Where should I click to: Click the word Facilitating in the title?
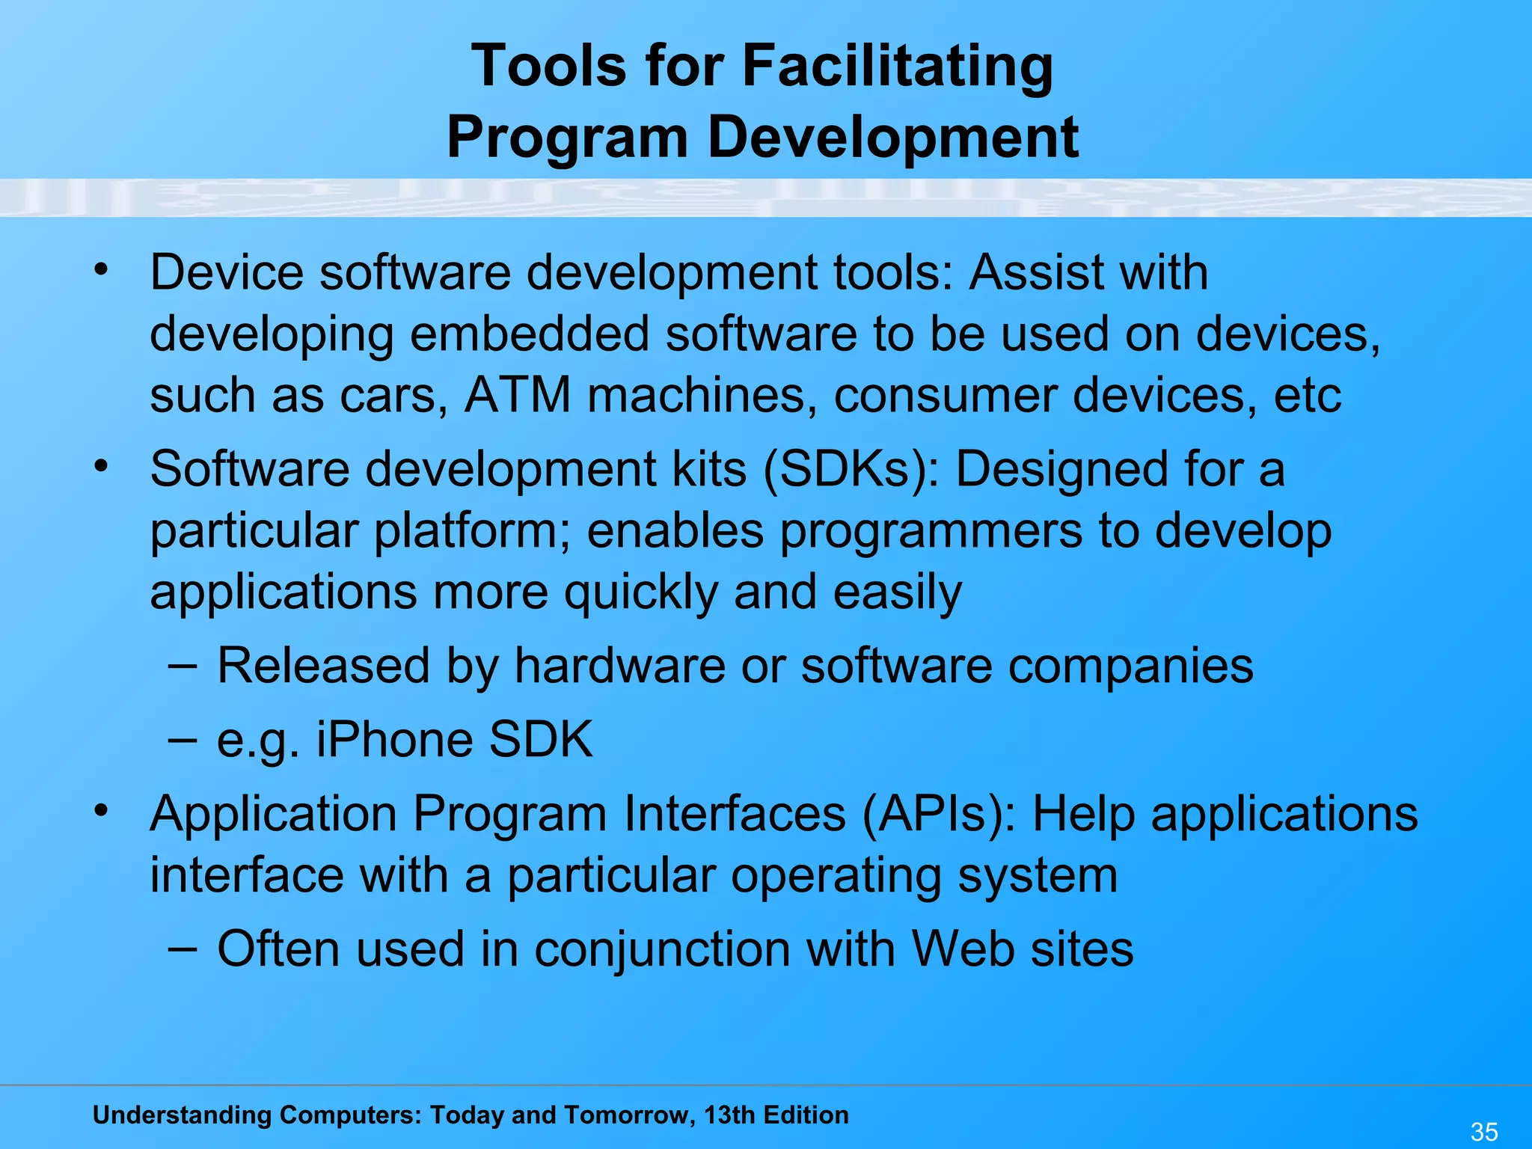tap(897, 67)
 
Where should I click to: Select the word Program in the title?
tap(567, 138)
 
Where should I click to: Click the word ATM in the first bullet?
tap(518, 395)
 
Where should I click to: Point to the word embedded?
tap(530, 334)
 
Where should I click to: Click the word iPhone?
tap(394, 740)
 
